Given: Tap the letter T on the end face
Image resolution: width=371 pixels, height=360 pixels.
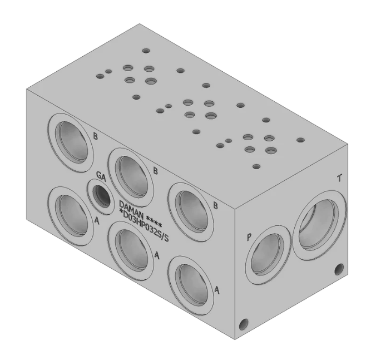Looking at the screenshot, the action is point(339,177).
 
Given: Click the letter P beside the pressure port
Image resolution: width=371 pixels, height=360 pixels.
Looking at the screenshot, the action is point(249,237).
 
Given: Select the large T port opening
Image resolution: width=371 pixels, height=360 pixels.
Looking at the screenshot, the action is point(320,225).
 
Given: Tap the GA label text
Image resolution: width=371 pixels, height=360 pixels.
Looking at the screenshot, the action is point(101,176).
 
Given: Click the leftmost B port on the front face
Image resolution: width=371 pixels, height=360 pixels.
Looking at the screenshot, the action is point(71,142).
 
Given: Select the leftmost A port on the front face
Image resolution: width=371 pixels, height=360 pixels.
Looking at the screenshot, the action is point(71,216).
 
